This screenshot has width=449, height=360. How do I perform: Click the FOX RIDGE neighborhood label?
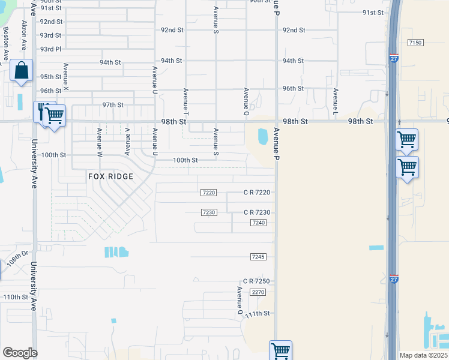[x=110, y=176]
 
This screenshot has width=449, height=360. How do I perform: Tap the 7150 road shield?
[x=415, y=43]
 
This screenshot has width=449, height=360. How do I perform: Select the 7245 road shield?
[x=258, y=257]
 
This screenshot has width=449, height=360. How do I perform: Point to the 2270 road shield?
[x=258, y=292]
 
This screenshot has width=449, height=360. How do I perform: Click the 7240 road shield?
[x=258, y=223]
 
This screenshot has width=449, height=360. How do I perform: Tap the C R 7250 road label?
[x=257, y=281]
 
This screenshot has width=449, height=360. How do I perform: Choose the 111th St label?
[x=258, y=313]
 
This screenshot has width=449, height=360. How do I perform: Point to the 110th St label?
[x=16, y=297]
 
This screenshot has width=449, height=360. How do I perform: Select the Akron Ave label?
[x=25, y=37]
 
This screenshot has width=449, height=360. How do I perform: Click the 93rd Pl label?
[x=50, y=49]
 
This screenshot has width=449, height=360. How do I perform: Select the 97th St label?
[x=112, y=104]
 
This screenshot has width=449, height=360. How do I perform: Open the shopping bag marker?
[x=22, y=71]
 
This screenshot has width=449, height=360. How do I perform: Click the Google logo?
[x=19, y=353]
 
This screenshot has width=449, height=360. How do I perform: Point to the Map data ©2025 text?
[x=423, y=355]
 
